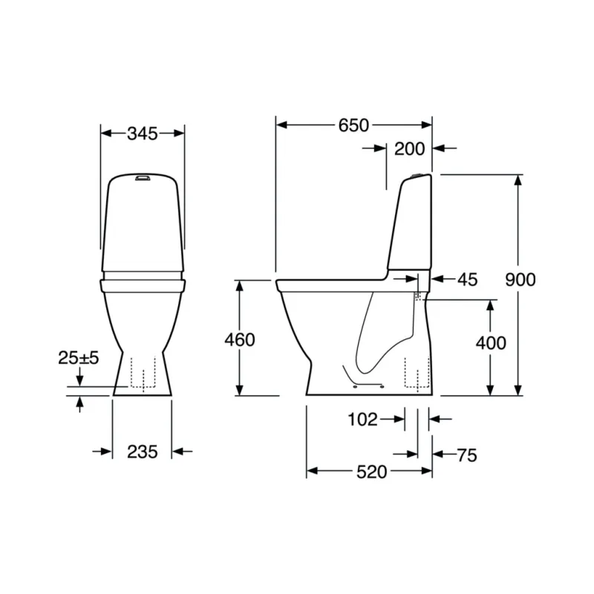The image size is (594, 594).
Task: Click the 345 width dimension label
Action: (x=142, y=134)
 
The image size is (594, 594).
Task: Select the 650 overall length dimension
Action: (x=353, y=125)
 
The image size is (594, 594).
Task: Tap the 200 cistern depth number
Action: (x=410, y=149)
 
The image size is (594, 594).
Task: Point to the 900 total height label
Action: (x=520, y=280)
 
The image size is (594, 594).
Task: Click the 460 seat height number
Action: (x=240, y=340)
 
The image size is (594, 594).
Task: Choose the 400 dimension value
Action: (x=491, y=343)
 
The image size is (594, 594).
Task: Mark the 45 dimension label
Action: (x=468, y=280)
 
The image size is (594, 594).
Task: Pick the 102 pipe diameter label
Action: (x=362, y=420)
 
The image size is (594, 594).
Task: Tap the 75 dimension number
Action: (x=467, y=455)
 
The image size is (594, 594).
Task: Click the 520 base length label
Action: (x=372, y=472)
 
